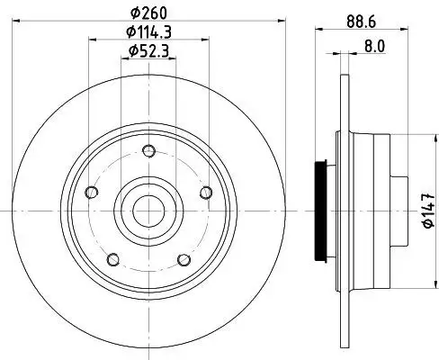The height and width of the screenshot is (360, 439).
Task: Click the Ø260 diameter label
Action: (x=148, y=13)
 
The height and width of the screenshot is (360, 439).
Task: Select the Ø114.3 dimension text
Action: (x=148, y=32)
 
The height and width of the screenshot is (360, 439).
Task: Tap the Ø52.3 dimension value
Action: (x=148, y=50)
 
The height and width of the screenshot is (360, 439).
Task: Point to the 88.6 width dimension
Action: (x=362, y=22)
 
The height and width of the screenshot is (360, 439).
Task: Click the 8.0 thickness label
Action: (x=374, y=46)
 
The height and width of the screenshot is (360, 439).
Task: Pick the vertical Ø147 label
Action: (x=428, y=211)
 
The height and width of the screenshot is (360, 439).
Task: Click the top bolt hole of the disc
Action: (x=148, y=150)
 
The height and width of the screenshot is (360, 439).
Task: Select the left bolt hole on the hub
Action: (x=91, y=192)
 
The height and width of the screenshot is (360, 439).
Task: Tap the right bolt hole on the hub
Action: (x=206, y=193)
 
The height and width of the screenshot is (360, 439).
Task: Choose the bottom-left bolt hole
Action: (x=113, y=260)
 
